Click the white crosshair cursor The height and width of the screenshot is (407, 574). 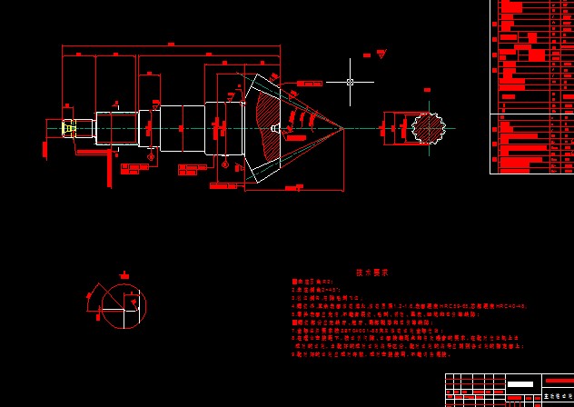[351, 83]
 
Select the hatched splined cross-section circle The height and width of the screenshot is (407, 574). [429, 127]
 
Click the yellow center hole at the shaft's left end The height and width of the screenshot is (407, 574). [68, 128]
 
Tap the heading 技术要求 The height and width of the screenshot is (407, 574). [371, 272]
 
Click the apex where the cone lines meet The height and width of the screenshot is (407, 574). [343, 128]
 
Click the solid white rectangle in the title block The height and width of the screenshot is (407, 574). [520, 384]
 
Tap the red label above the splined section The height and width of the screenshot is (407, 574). [426, 90]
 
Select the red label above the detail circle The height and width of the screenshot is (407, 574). [124, 275]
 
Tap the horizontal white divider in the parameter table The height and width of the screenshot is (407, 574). [531, 114]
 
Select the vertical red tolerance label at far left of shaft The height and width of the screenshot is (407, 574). [45, 151]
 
